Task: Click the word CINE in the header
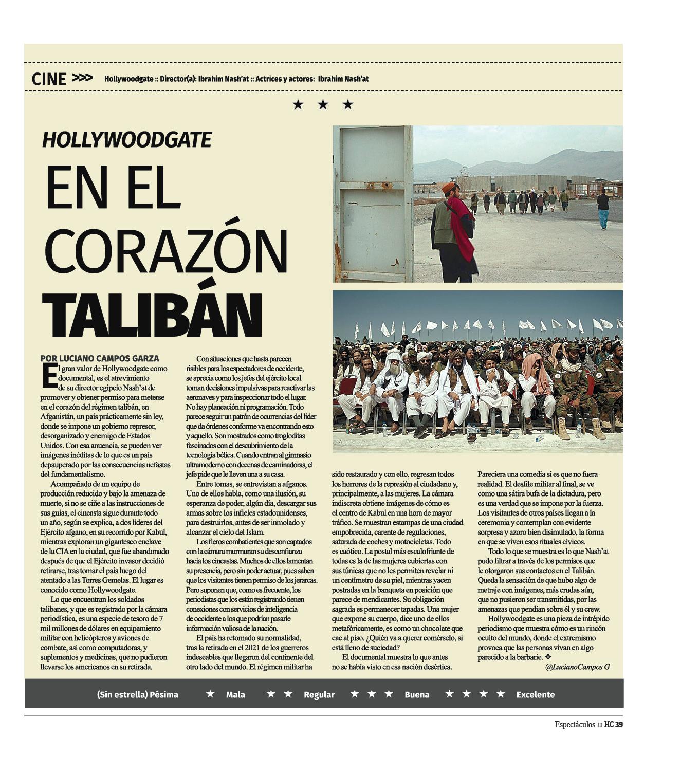(49, 79)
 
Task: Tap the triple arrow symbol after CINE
(82, 78)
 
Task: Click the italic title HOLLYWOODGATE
(126, 140)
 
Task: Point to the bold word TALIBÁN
(152, 315)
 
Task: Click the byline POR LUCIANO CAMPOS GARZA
(100, 358)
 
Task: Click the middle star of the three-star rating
(323, 105)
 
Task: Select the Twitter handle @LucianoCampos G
(577, 667)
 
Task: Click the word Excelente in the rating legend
(535, 694)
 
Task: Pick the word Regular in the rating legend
(319, 694)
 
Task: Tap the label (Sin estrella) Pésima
(137, 694)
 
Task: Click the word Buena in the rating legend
(416, 694)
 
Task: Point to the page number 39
(618, 725)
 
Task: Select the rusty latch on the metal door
(379, 185)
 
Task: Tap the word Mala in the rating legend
(235, 694)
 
